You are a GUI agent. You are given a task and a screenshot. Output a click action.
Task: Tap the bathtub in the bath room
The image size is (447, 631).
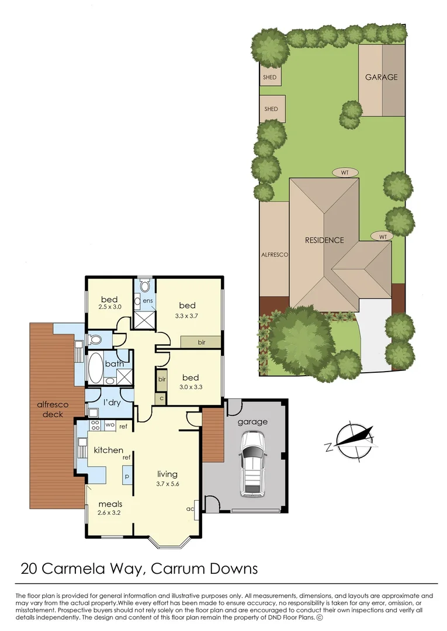pos(95,367)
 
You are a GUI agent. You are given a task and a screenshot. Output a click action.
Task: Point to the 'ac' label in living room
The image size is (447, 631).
pos(189,508)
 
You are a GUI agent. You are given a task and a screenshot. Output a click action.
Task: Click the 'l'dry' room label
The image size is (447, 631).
pos(112,403)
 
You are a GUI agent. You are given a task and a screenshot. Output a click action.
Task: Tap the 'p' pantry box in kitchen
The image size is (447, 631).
pos(126,477)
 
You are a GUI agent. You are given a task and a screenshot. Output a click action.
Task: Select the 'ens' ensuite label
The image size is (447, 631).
pos(148,301)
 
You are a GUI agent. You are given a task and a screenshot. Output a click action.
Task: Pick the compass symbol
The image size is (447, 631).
pos(350,441)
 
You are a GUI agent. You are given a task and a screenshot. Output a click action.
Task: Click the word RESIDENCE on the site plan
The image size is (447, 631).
pos(324,240)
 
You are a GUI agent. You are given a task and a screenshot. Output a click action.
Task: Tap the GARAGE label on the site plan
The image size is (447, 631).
pos(381,77)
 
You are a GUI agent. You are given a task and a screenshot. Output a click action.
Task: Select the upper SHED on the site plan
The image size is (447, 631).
pos(270,77)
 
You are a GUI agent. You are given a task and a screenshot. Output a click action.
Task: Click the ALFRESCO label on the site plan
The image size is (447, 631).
pos(274,255)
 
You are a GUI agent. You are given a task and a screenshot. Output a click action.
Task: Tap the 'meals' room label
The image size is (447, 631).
pos(109,504)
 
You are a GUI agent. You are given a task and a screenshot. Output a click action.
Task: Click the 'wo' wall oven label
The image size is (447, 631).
pos(109,425)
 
